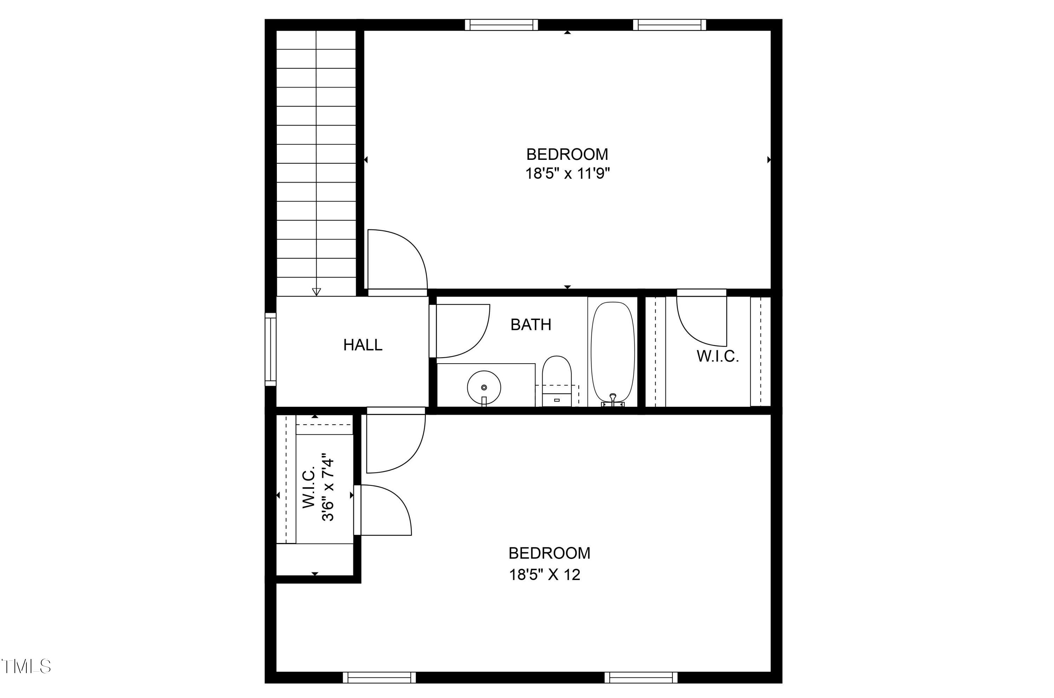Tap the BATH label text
531,325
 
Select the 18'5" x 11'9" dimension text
567,173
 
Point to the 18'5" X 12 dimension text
544,575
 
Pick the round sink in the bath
484,387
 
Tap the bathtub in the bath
612,352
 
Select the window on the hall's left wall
271,350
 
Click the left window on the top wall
501,25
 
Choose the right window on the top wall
669,25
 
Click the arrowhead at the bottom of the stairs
317,292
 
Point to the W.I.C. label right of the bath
717,357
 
